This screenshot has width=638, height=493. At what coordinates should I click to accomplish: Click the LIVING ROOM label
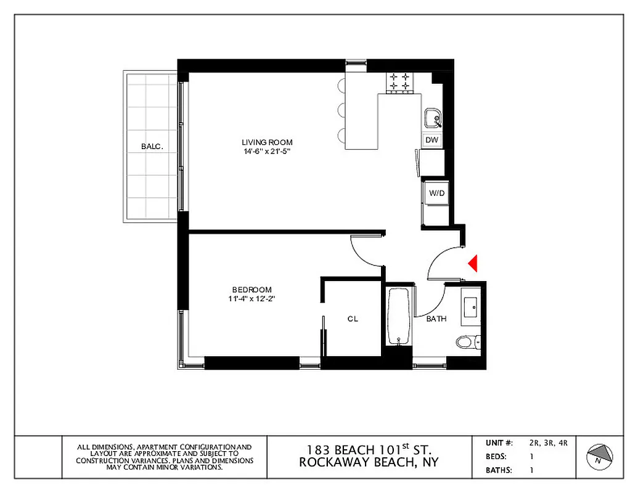[x=266, y=142]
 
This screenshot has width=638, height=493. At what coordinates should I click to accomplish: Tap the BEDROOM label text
[x=252, y=290]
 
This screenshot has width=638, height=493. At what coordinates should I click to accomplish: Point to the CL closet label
[x=353, y=319]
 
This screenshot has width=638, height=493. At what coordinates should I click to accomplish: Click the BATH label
[x=436, y=319]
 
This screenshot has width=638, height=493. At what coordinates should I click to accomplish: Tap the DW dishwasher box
[x=432, y=141]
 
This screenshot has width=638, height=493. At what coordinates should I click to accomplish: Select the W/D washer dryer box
[x=437, y=194]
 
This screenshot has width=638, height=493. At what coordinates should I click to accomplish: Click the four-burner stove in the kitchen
[x=398, y=82]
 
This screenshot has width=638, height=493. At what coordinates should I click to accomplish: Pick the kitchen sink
[x=433, y=117]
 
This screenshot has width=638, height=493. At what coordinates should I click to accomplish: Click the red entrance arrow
[x=473, y=263]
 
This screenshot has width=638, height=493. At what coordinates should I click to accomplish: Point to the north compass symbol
[x=599, y=455]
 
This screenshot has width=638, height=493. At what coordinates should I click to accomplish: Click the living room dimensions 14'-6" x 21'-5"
[x=266, y=152]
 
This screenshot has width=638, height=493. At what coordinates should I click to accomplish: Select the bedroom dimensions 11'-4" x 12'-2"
[x=252, y=299]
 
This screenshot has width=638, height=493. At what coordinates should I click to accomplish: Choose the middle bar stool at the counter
[x=341, y=110]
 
